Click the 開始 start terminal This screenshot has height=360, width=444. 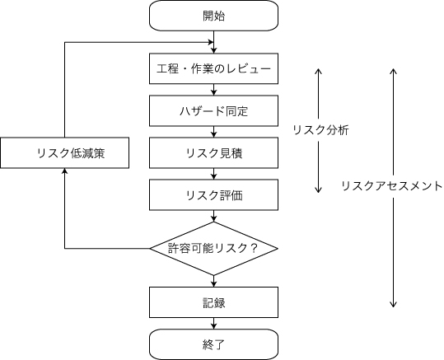pyautogui.click(x=213, y=15)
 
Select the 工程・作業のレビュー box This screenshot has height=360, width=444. pyautogui.click(x=213, y=68)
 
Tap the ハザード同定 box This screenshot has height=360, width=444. pyautogui.click(x=213, y=110)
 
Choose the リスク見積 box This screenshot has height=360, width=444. pyautogui.click(x=213, y=152)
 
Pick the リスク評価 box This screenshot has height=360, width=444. pyautogui.click(x=213, y=194)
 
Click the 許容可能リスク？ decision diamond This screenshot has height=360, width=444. pyautogui.click(x=213, y=248)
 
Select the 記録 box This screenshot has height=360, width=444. pyautogui.click(x=213, y=302)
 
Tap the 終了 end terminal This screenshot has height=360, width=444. pyautogui.click(x=213, y=344)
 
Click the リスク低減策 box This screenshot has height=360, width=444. pyautogui.click(x=65, y=152)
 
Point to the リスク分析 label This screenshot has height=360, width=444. pyautogui.click(x=321, y=130)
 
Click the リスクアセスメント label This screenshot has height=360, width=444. pyautogui.click(x=391, y=186)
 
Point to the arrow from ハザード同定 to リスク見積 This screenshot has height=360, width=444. pyautogui.click(x=213, y=132)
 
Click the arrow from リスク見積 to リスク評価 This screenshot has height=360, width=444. pyautogui.click(x=213, y=174)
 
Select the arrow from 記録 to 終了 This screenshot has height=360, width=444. pyautogui.click(x=213, y=323)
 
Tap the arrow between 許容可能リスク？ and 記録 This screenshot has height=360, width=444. pyautogui.click(x=213, y=279)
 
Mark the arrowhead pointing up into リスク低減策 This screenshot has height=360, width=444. pyautogui.click(x=65, y=171)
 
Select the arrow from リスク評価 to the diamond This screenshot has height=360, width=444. pyautogui.click(x=213, y=217)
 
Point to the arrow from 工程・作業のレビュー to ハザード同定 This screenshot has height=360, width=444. pyautogui.click(x=213, y=90)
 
